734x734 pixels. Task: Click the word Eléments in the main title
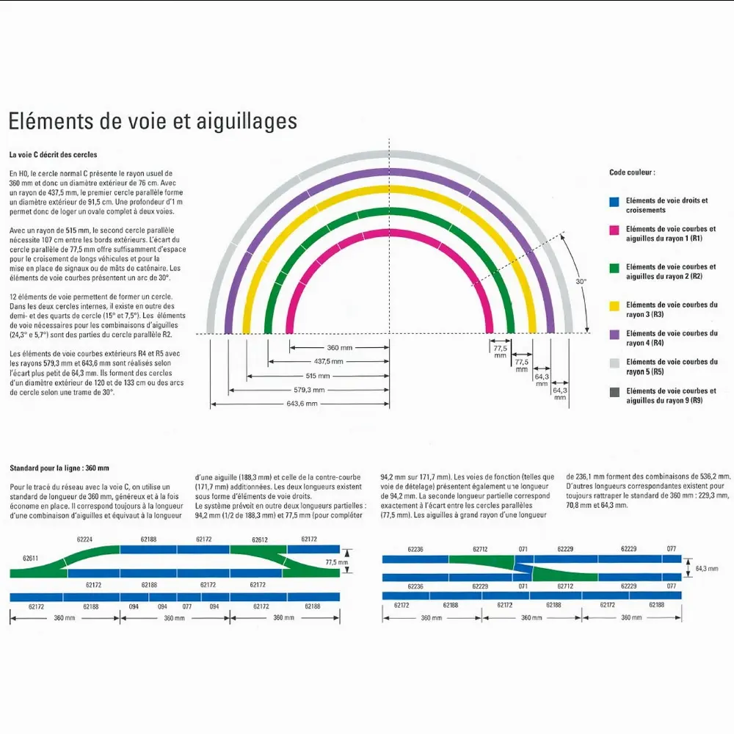tap(54, 121)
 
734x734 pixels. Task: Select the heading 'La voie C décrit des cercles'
tap(53, 156)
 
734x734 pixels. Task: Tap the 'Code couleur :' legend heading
tap(632, 172)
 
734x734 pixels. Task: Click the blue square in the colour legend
tap(614, 201)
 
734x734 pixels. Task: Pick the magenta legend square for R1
tap(614, 230)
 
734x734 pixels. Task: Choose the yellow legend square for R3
tap(614, 305)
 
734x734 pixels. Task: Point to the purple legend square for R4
tap(614, 334)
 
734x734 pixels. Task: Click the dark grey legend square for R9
tap(614, 392)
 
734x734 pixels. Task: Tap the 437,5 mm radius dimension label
tap(329, 362)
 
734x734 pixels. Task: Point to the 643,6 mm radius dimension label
tap(302, 404)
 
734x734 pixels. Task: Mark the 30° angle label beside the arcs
tap(581, 281)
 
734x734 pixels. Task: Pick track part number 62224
tap(84, 539)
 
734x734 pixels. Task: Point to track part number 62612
tap(259, 539)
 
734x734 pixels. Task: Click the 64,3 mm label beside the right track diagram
tap(706, 568)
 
